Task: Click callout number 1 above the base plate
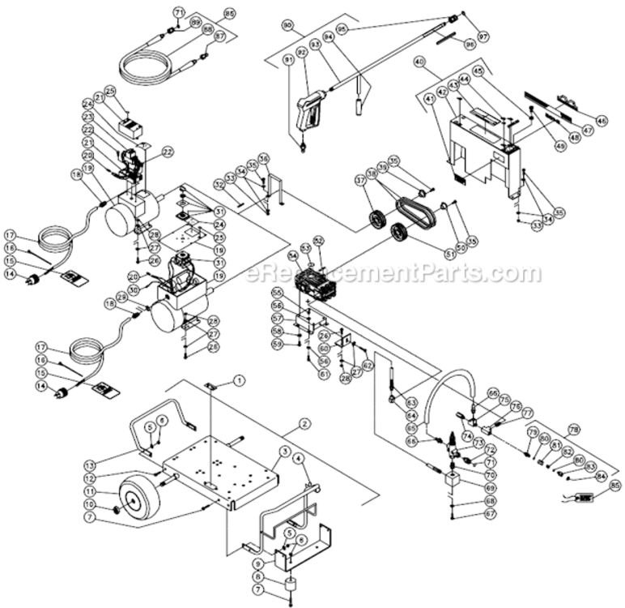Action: pyautogui.click(x=240, y=379)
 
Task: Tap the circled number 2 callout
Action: pyautogui.click(x=304, y=423)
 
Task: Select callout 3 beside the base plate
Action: pyautogui.click(x=285, y=450)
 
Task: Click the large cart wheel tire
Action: pyautogui.click(x=137, y=497)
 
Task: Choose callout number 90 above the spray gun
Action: pyautogui.click(x=287, y=26)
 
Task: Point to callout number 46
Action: pyautogui.click(x=601, y=121)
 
